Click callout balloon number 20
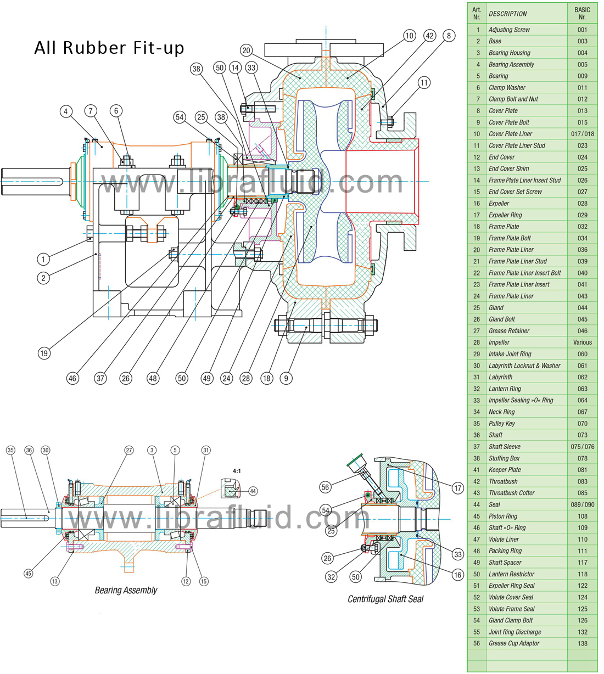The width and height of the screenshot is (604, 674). click(246, 50)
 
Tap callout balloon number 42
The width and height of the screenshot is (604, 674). click(429, 36)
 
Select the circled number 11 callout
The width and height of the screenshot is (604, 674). click(424, 83)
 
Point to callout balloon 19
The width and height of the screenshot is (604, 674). click(44, 353)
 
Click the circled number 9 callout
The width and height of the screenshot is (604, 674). click(286, 378)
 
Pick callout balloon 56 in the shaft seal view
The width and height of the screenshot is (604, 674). click(326, 487)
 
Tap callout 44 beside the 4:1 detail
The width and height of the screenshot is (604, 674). click(253, 491)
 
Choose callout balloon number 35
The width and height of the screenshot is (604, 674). click(10, 450)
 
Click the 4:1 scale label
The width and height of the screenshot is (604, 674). click(237, 471)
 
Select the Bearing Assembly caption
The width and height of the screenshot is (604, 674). click(126, 591)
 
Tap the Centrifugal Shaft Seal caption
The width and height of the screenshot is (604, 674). click(385, 599)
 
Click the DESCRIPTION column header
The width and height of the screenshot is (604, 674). click(507, 14)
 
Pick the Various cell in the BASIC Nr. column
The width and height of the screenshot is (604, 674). click(582, 342)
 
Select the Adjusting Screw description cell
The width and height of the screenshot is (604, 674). click(509, 30)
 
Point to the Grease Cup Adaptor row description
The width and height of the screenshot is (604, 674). click(514, 643)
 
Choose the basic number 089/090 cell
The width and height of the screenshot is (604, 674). click(582, 504)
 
